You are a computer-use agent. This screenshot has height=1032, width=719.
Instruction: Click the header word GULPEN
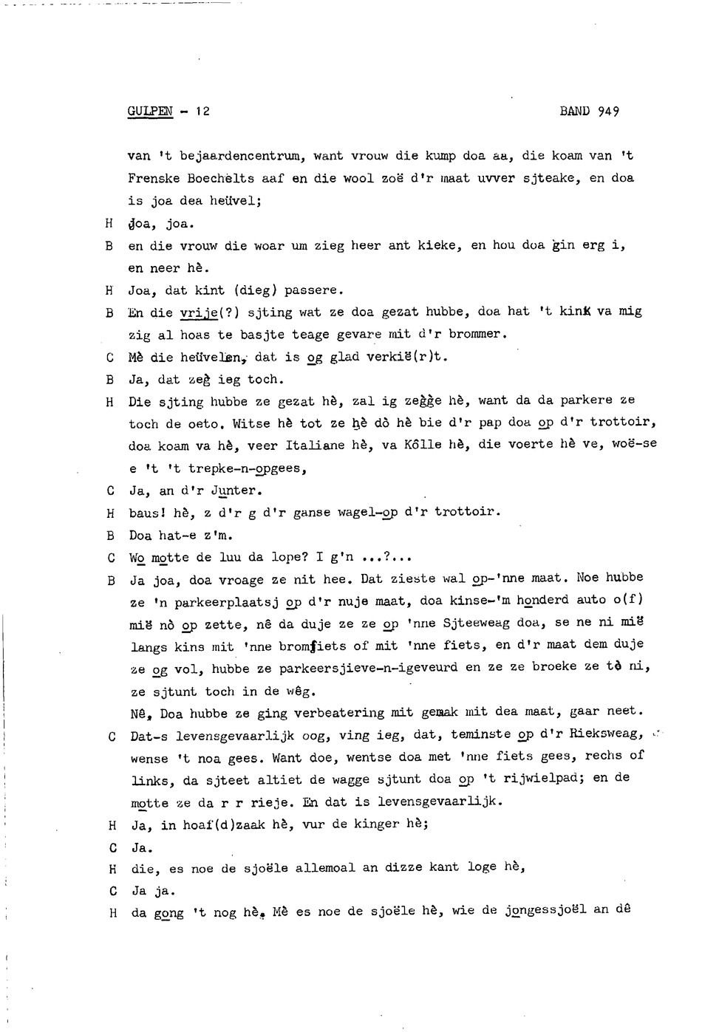(150, 112)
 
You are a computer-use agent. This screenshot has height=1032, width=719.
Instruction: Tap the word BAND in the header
(574, 112)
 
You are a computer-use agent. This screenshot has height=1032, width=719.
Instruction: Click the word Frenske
(154, 179)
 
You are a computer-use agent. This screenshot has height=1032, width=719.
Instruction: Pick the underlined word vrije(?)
(205, 312)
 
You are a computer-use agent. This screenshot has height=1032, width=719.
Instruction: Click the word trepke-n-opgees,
(247, 468)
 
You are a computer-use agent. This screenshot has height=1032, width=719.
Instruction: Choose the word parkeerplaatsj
(225, 602)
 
